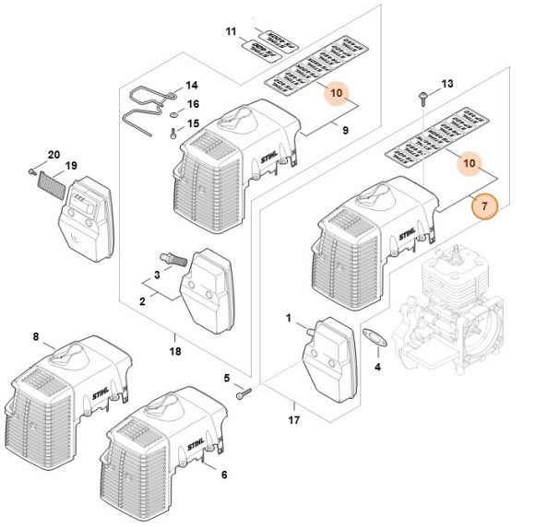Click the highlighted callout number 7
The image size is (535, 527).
coord(483,208)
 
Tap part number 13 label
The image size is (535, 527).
coord(447,85)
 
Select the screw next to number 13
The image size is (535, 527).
coord(422,96)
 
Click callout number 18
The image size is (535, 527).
coord(175,351)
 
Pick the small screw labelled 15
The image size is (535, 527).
coord(173,132)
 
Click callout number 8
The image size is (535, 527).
coord(36,337)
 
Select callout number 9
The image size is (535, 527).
coord(345,132)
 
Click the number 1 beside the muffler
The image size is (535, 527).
coord(289,319)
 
